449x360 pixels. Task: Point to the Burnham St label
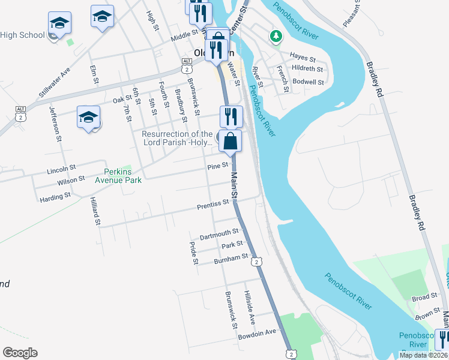231,257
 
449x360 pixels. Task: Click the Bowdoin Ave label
256,331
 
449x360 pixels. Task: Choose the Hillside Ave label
250,305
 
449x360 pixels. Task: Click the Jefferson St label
56,124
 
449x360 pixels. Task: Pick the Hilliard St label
95,211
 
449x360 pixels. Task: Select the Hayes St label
303,58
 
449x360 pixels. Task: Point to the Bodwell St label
309,82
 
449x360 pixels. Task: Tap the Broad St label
424,298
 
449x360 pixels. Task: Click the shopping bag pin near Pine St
231,142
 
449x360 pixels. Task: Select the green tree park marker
276,37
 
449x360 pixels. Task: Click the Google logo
20,353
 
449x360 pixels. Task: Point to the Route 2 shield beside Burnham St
256,262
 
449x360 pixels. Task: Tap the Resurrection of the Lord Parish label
177,138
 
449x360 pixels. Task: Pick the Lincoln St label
61,170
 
